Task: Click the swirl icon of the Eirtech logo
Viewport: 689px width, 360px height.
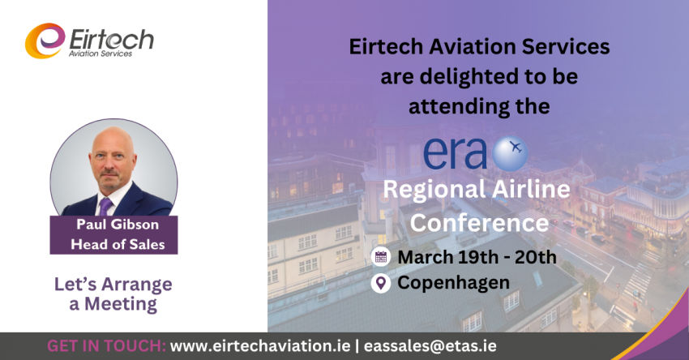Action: pos(45,41)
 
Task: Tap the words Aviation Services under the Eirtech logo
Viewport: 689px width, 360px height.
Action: pos(101,54)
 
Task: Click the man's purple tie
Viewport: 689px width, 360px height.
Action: pos(105,207)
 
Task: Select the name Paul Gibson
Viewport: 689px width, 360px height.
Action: pos(118,225)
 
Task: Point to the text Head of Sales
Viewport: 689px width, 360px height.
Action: pos(118,244)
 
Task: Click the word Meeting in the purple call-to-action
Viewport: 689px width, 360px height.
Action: pos(121,304)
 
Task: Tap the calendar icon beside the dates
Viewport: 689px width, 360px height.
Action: pos(380,257)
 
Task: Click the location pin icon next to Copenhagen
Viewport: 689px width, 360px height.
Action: pos(380,283)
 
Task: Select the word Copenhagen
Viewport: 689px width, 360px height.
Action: pos(453,283)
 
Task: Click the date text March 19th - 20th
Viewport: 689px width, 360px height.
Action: pos(477,257)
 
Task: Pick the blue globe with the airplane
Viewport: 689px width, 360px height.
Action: pos(510,153)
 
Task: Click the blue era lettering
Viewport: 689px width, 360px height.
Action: pos(456,154)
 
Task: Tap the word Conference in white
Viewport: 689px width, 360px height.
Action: pos(479,222)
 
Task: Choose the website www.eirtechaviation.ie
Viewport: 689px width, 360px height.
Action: pos(260,346)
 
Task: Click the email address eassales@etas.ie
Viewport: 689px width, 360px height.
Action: pos(430,346)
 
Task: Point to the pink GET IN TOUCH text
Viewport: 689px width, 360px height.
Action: pos(106,346)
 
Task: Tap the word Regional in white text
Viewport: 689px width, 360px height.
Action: pos(434,190)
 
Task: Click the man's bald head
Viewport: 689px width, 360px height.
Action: pos(113,140)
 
